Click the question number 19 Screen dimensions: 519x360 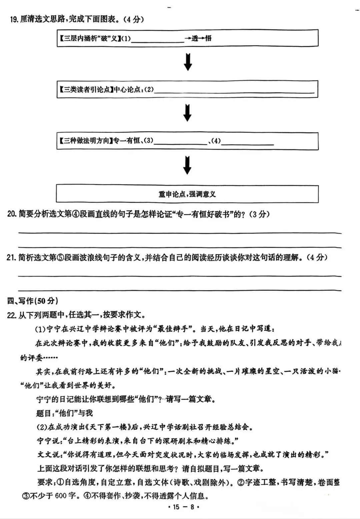(14, 19)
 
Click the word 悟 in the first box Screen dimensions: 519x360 (208, 38)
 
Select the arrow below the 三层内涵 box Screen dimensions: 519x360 (188, 62)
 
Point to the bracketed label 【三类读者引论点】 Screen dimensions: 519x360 (86, 89)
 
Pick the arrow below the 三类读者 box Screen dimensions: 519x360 (188, 113)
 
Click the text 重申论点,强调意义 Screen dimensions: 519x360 (187, 194)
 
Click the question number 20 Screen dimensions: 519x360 (12, 214)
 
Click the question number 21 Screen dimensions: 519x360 (12, 257)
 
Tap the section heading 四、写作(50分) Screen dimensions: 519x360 (33, 301)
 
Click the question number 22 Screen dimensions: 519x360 (12, 315)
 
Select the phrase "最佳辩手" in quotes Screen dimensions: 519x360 (175, 329)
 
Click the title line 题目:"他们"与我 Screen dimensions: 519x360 (64, 413)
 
